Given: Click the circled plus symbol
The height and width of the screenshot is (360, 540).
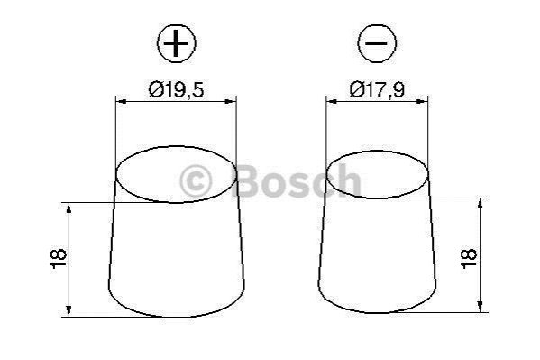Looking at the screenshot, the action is [x=177, y=43].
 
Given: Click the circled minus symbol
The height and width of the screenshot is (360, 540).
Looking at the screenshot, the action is [x=377, y=43].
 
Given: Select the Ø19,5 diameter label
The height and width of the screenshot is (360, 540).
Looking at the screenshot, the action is [x=176, y=89].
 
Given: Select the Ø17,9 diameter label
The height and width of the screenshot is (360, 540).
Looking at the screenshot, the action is [x=377, y=89].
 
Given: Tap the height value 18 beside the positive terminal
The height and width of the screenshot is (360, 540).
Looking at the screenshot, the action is [x=59, y=259].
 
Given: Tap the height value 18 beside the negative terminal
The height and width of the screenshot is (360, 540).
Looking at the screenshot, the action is [x=469, y=258].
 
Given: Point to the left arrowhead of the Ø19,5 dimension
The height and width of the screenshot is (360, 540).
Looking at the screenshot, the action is [x=122, y=101].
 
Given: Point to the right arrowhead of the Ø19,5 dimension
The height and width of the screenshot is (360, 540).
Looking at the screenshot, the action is [x=231, y=101].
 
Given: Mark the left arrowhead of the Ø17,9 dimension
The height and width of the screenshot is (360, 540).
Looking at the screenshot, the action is [x=332, y=101].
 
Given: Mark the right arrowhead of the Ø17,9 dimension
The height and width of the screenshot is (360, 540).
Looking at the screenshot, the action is [x=422, y=101].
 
